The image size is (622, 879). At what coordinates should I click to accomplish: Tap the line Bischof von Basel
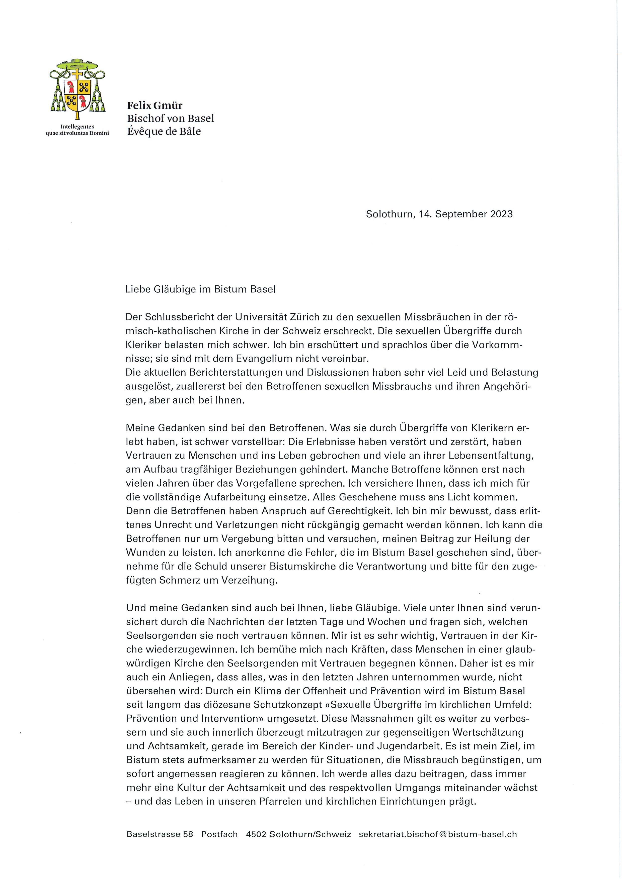pyautogui.click(x=171, y=119)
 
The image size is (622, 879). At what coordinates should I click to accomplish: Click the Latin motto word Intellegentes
pyautogui.click(x=77, y=126)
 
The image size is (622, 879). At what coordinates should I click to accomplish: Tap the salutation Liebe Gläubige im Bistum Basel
pyautogui.click(x=201, y=289)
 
